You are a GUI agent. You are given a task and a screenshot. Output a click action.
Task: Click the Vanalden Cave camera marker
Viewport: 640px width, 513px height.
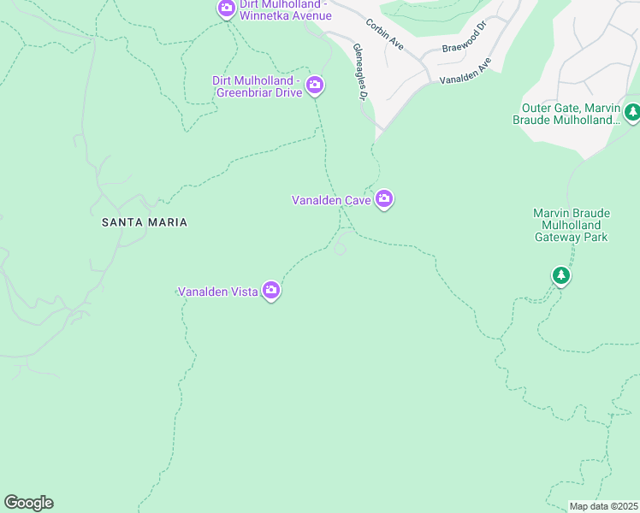pos(385,199)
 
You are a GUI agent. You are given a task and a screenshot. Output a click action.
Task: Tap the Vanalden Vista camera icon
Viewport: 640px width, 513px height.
pos(272,291)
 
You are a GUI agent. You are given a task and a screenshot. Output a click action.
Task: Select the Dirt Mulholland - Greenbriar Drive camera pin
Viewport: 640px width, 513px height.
pos(315,84)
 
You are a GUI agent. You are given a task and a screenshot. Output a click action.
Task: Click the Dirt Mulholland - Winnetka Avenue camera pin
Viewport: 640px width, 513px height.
pos(226,9)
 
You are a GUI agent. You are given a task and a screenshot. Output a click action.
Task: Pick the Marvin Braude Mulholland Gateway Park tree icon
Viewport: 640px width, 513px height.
pos(561,274)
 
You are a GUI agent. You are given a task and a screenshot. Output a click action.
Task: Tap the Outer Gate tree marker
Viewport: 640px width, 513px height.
pos(632,111)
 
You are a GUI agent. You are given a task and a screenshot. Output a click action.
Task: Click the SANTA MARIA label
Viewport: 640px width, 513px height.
pos(144,222)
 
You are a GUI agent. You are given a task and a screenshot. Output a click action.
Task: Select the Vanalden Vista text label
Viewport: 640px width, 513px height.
pos(219,292)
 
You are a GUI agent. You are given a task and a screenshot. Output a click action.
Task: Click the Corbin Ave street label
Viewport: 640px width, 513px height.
pos(384,33)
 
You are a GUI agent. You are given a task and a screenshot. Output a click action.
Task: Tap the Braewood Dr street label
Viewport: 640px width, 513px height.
pos(464,44)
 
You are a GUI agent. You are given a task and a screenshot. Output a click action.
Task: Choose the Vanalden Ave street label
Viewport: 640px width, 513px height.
pos(465,71)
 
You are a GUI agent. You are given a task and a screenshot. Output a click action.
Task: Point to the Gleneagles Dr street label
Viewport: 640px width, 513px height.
pos(359,74)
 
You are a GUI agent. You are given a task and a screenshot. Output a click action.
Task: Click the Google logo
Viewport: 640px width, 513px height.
pos(28,503)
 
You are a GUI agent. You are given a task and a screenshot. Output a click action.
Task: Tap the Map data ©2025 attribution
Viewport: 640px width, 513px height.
pos(603,506)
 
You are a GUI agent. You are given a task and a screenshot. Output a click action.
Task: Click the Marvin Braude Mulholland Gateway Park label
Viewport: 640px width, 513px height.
pos(570,225)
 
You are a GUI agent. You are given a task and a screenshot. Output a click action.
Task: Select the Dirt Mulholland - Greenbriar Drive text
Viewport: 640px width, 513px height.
pos(258,86)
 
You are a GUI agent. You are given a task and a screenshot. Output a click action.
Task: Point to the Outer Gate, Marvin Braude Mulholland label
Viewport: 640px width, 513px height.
pos(569,114)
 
